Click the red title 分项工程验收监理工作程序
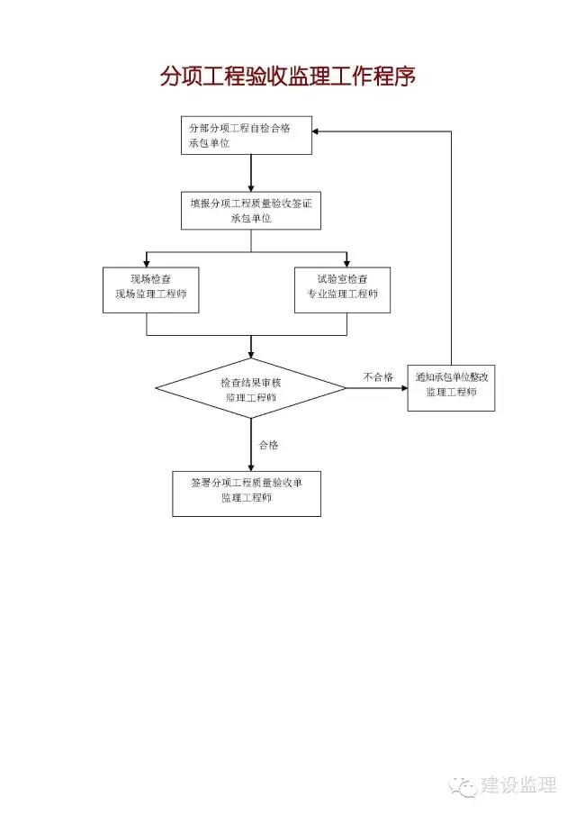pyautogui.click(x=287, y=77)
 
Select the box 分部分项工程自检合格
pyautogui.click(x=247, y=135)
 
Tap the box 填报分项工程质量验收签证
pyautogui.click(x=251, y=211)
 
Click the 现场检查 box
pyautogui.click(x=150, y=290)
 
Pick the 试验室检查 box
pyautogui.click(x=342, y=290)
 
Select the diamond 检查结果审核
pyautogui.click(x=251, y=388)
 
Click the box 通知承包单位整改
pyautogui.click(x=451, y=388)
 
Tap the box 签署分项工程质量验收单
pyautogui.click(x=247, y=494)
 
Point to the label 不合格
pyautogui.click(x=378, y=376)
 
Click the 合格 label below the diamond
pyautogui.click(x=268, y=445)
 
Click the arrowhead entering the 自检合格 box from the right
pyautogui.click(x=315, y=131)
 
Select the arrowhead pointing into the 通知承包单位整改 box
pyautogui.click(x=404, y=388)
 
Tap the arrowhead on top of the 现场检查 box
pyautogui.click(x=147, y=264)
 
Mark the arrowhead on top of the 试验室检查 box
pyautogui.click(x=347, y=264)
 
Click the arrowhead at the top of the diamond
pyautogui.click(x=251, y=355)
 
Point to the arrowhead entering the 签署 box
pyautogui.click(x=251, y=467)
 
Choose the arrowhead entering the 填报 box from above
pyautogui.click(x=251, y=188)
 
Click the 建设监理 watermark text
pyautogui.click(x=519, y=785)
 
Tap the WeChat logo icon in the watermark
pyautogui.click(x=463, y=786)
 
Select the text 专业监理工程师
pyautogui.click(x=342, y=294)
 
